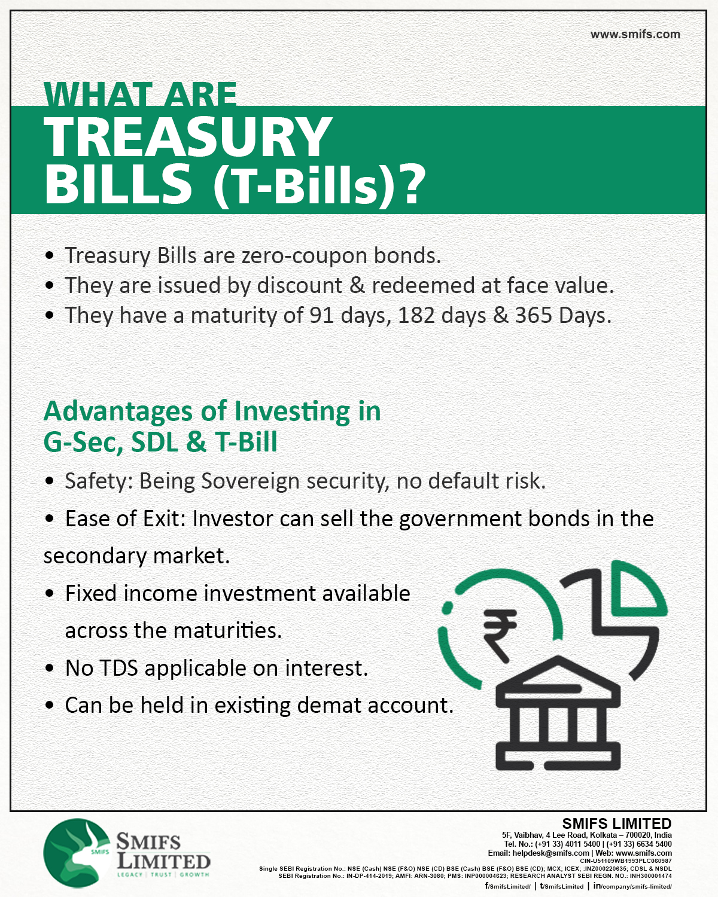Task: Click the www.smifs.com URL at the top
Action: [x=635, y=34]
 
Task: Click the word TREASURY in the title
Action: [x=188, y=136]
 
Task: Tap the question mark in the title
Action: [x=411, y=184]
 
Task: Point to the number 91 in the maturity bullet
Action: [x=322, y=315]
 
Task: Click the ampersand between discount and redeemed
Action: [x=357, y=285]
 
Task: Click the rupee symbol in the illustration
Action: [x=500, y=636]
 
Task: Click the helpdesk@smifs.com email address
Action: [x=550, y=853]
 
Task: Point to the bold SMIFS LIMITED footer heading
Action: [x=617, y=823]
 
